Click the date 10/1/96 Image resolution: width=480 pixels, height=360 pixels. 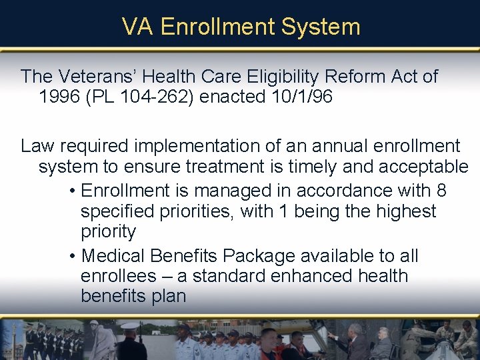point(302,97)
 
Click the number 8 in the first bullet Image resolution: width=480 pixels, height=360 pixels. point(441,191)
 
